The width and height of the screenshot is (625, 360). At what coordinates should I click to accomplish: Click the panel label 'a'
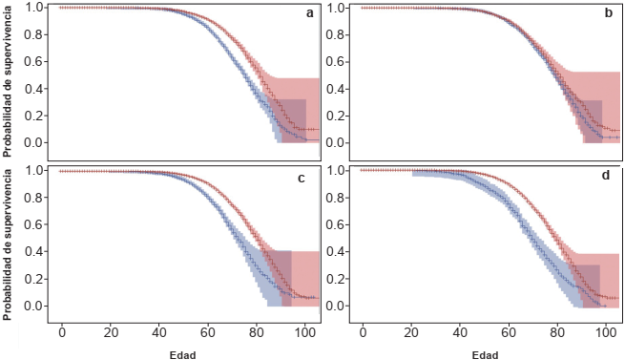(x=309, y=12)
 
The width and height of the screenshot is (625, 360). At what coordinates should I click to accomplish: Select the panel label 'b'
(x=611, y=12)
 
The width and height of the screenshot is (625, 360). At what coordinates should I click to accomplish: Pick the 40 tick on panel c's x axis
(x=159, y=332)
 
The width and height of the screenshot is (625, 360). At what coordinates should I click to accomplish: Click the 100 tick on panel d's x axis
(x=607, y=332)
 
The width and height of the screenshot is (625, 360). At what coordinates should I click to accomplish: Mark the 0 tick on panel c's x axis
(x=62, y=332)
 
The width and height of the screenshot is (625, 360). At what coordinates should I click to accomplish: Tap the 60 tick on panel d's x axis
(x=510, y=332)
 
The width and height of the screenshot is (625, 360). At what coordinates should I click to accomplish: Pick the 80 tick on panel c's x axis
(x=257, y=332)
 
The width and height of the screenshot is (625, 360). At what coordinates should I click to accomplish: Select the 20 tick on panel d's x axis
(x=412, y=332)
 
